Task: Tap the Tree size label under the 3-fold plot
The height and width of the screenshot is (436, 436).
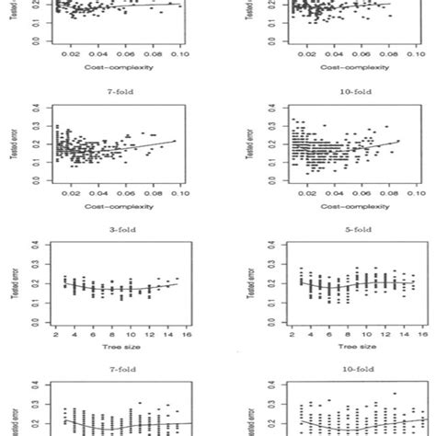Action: [x=116, y=350]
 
